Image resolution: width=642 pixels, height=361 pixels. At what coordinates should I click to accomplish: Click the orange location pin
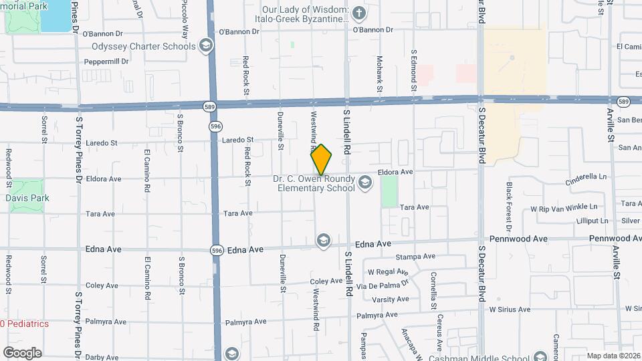pos(322,160)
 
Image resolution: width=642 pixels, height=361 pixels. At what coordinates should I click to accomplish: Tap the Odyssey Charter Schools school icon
pos(206,46)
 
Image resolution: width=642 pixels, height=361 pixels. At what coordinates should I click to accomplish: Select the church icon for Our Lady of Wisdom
pos(359,13)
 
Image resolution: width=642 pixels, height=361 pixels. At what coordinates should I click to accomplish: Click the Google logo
pos(22,352)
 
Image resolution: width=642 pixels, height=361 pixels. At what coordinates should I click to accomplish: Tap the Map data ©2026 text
pos(612,356)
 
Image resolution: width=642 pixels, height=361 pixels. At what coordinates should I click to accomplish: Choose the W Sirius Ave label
pos(510,310)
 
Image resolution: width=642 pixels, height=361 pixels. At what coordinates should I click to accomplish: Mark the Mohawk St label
pos(379,74)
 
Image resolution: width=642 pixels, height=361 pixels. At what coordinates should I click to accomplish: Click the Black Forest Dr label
pos(509,203)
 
